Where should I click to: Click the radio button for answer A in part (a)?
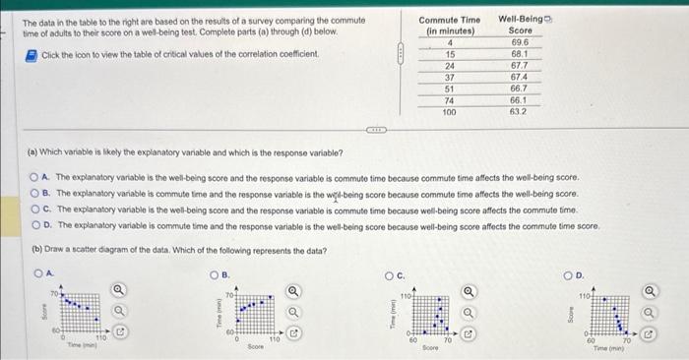tap(33, 178)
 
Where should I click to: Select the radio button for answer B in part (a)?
tap(33, 194)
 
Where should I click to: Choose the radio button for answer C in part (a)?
tap(33, 210)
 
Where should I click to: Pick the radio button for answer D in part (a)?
tap(33, 225)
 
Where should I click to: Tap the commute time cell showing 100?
tap(449, 111)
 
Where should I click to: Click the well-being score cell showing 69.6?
tap(520, 43)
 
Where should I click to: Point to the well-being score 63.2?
tap(520, 111)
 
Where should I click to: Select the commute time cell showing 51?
tap(449, 89)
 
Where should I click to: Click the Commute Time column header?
tap(450, 26)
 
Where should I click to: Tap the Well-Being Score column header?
tap(521, 26)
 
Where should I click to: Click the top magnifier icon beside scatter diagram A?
tap(119, 290)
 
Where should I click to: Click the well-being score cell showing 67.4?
tap(520, 77)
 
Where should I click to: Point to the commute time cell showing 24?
tap(449, 66)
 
